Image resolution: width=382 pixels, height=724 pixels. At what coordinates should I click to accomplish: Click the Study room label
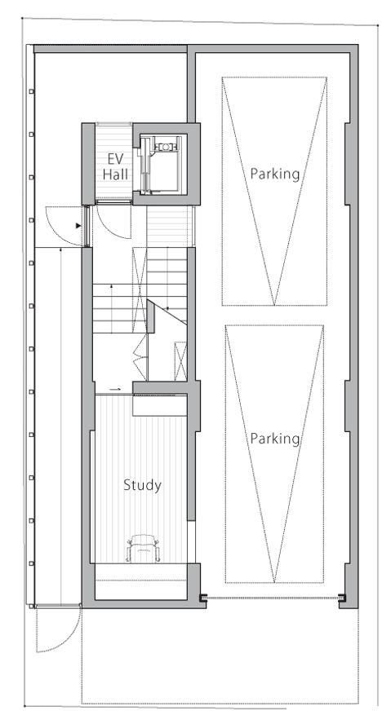point(143,486)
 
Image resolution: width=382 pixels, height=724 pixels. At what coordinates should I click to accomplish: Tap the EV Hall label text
point(115,166)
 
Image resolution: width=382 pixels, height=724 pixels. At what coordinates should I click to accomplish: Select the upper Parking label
point(275,174)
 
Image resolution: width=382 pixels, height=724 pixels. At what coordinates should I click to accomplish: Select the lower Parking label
point(275,439)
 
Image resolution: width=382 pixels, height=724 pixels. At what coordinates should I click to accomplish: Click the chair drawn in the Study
point(142,548)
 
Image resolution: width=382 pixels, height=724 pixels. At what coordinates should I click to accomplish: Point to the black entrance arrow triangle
point(78,226)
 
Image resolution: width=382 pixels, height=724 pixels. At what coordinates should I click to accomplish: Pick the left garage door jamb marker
point(203,598)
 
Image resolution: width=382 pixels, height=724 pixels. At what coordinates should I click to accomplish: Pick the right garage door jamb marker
point(342,597)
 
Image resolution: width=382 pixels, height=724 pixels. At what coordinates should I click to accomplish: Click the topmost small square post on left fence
point(32,91)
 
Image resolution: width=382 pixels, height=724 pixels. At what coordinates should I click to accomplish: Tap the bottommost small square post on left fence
point(32,563)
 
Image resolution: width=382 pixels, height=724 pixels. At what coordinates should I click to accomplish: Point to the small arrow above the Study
point(116,389)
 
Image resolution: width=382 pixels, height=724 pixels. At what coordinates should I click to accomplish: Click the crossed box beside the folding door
point(180,361)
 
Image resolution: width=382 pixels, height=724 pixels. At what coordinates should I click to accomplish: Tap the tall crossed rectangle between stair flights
point(140,290)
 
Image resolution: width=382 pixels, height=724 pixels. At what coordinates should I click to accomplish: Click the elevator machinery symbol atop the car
point(165,147)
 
